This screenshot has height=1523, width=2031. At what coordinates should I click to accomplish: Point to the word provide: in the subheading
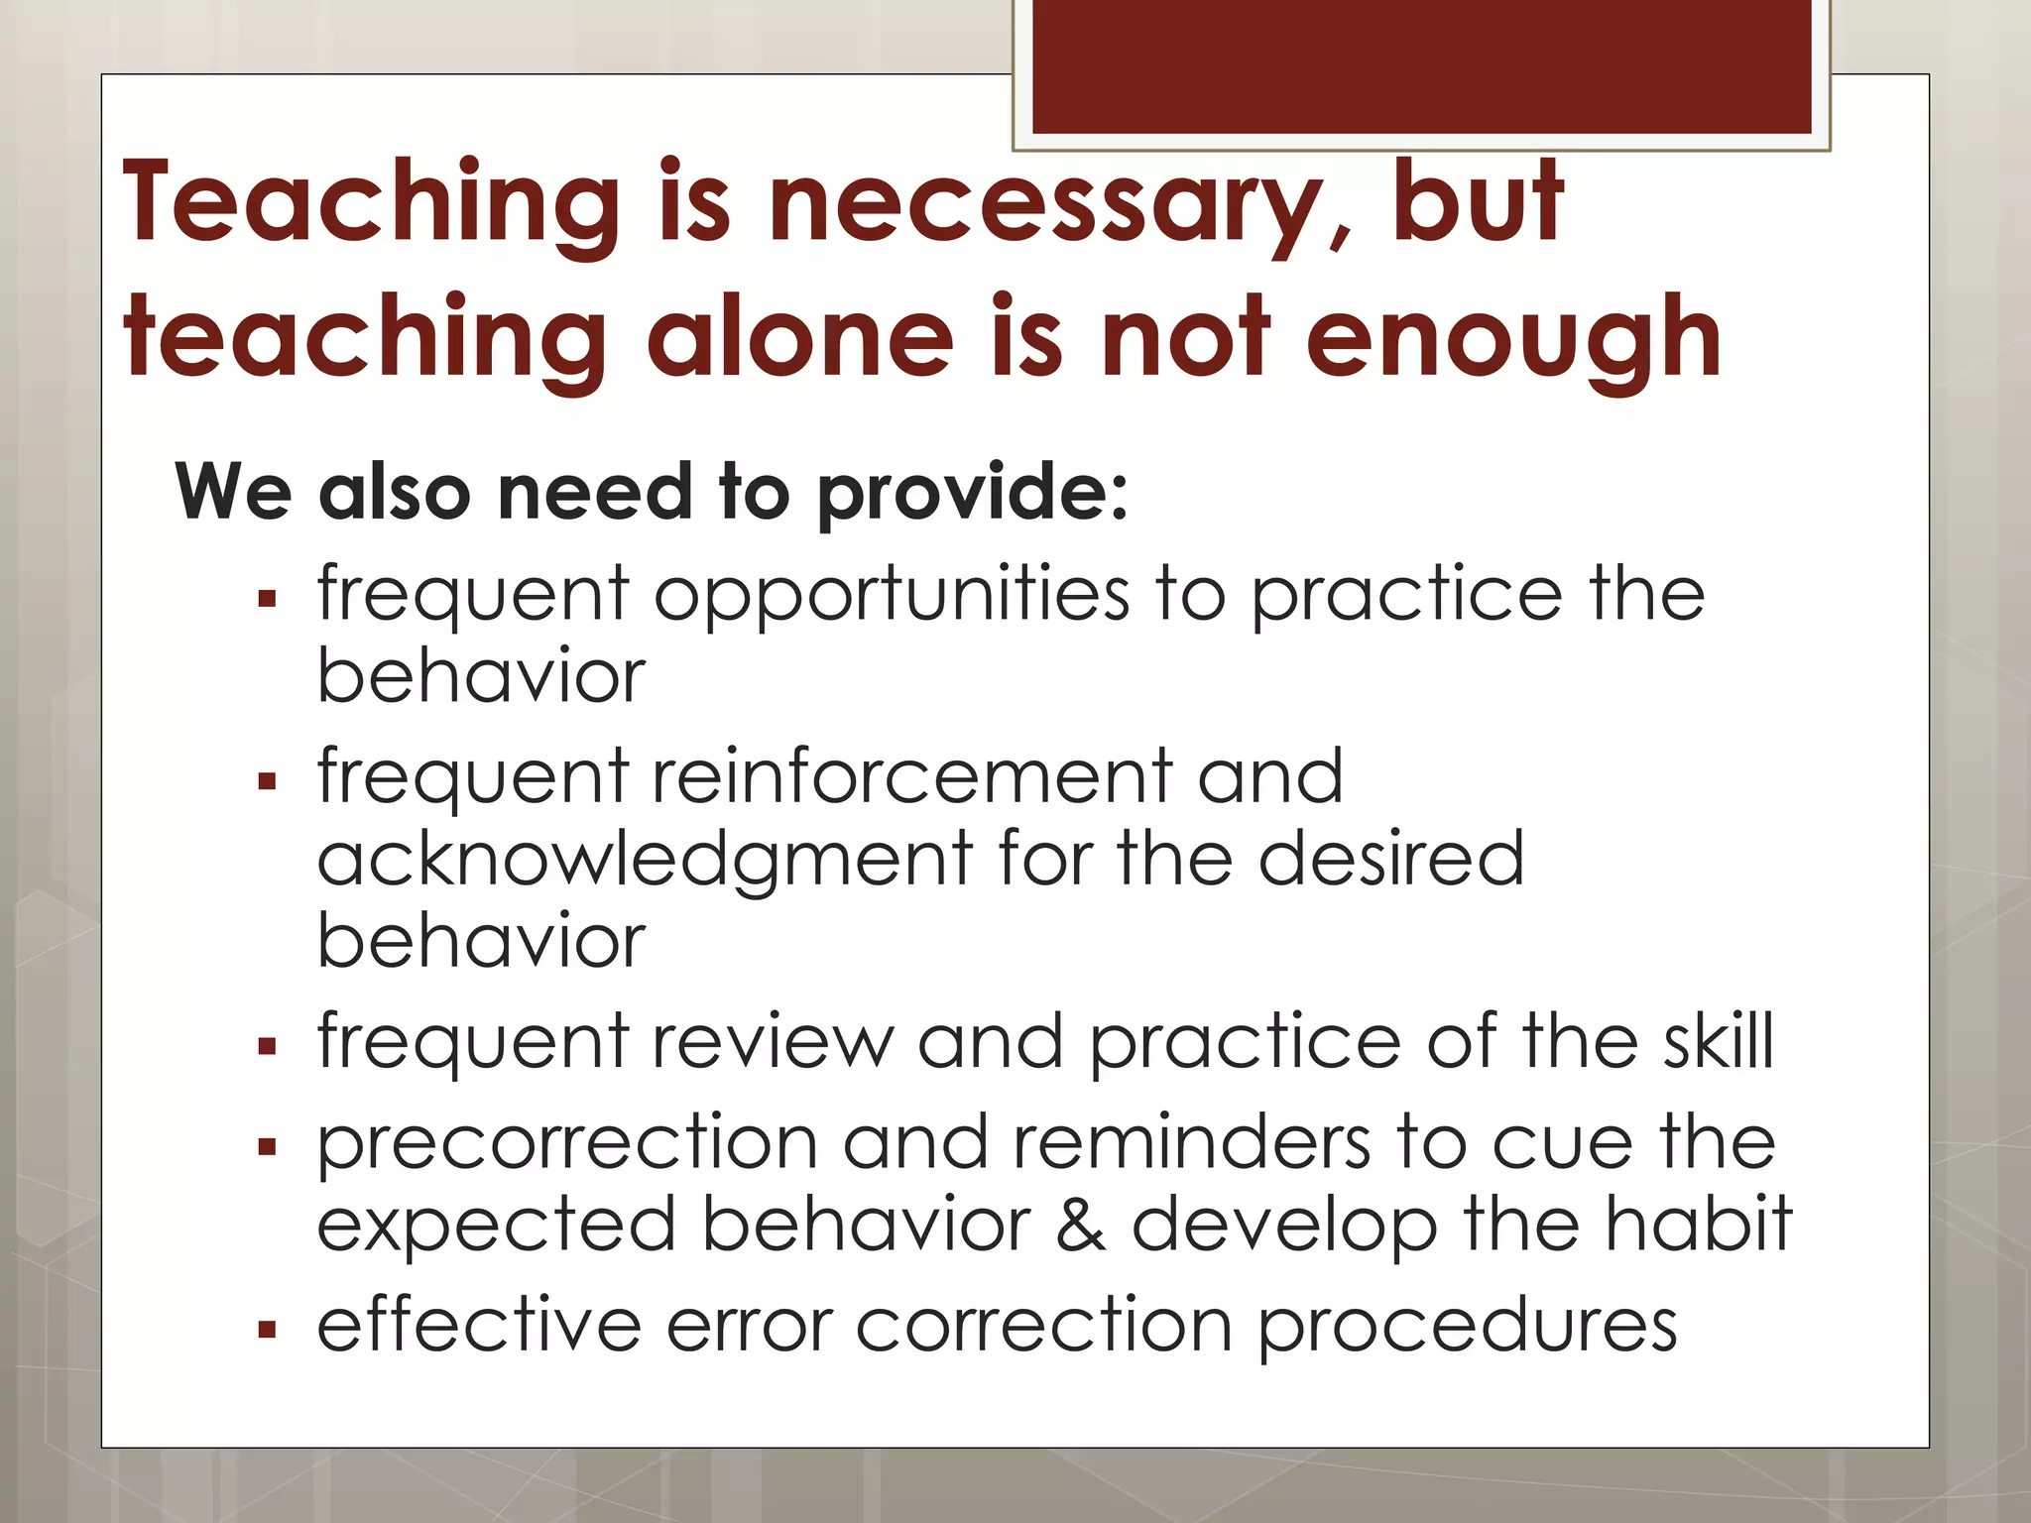pos(972,493)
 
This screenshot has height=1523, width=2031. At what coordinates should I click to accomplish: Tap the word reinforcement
pos(912,775)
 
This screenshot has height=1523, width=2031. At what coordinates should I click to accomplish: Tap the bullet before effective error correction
pos(266,1329)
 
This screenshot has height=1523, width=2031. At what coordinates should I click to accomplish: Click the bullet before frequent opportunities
pos(266,599)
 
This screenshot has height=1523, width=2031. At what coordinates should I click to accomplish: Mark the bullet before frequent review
pos(266,1045)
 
